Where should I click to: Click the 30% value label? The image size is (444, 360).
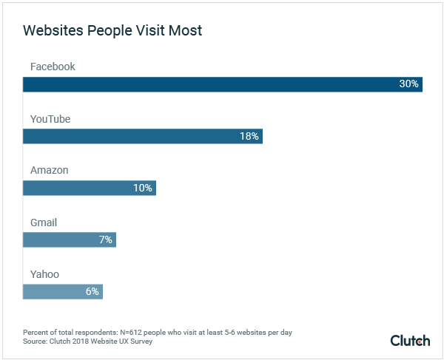point(408,84)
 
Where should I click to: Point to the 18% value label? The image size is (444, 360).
point(249,136)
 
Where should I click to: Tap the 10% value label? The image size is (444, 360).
point(142,188)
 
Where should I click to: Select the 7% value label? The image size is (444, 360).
point(105,240)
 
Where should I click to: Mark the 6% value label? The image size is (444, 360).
point(92,291)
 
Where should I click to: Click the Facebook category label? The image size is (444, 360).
point(53,67)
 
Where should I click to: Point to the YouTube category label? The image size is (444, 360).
point(50,118)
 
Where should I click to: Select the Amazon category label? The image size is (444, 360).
point(49,170)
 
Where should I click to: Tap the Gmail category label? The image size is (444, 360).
point(44,223)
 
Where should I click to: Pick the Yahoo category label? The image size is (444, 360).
point(44,274)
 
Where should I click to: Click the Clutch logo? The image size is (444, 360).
point(410,340)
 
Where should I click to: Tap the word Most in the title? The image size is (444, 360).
point(185,31)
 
